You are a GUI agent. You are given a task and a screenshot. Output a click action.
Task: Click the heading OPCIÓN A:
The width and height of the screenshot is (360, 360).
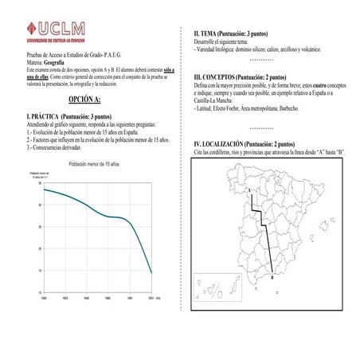click(x=84, y=100)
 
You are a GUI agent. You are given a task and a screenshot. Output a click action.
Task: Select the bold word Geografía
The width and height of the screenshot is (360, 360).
click(x=54, y=61)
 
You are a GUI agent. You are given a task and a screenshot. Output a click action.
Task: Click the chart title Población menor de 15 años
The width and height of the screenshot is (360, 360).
click(x=94, y=163)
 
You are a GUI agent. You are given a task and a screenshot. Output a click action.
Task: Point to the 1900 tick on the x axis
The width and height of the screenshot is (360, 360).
click(x=43, y=296)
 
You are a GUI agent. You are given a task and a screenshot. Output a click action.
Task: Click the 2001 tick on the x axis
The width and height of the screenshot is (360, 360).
click(x=151, y=296)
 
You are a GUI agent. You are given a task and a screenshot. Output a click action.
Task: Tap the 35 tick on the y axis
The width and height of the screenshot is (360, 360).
click(x=39, y=183)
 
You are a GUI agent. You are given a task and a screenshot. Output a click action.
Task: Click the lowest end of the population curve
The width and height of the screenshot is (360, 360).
click(x=151, y=273)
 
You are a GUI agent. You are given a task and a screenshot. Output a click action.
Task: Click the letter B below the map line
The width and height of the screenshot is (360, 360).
click(x=272, y=279)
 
